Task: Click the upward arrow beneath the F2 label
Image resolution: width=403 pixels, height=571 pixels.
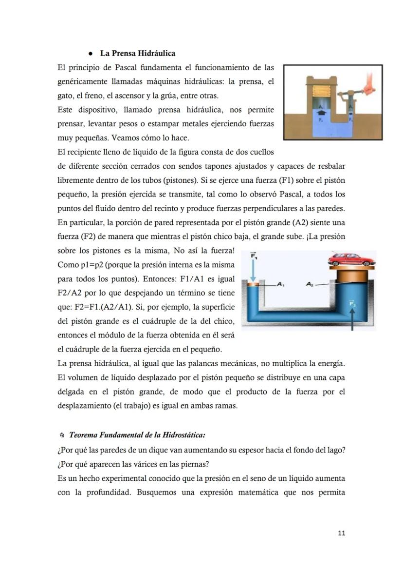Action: (352, 321)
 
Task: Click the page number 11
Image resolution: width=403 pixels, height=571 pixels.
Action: (341, 533)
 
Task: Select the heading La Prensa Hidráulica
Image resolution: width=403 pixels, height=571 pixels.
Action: (138, 53)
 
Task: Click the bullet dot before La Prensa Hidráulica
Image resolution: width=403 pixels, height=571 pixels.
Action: (91, 53)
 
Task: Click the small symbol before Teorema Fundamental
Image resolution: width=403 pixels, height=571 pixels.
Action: (61, 434)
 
